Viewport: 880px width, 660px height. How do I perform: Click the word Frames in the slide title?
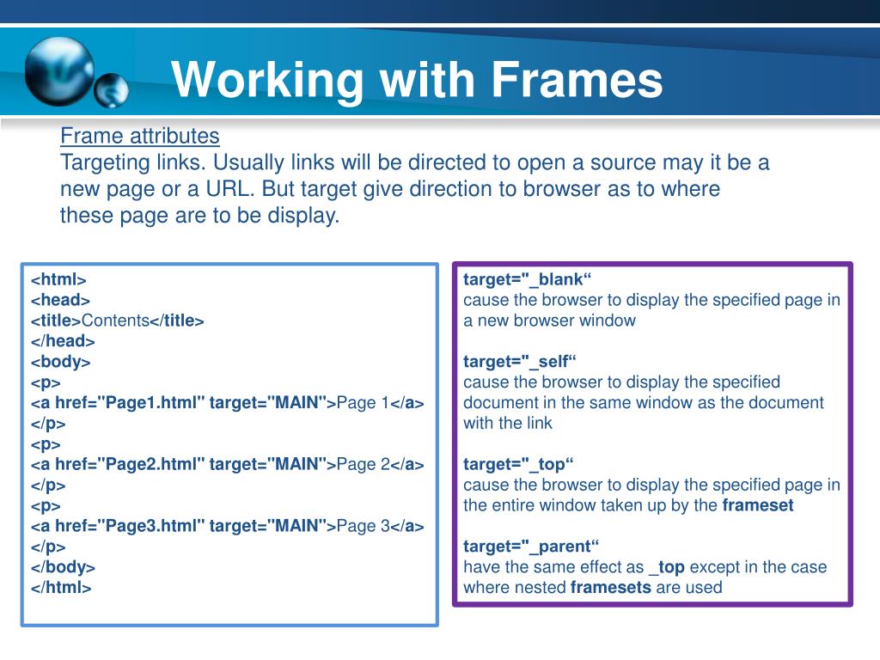pos(577,81)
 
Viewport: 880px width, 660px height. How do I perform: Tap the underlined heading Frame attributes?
pos(139,136)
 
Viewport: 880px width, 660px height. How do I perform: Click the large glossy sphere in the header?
pos(58,71)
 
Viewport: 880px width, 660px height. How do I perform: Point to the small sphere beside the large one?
pos(112,90)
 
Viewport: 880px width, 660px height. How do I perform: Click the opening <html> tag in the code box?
pos(58,279)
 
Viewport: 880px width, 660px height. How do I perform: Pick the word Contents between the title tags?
pos(115,321)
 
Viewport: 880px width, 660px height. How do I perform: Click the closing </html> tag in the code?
pos(61,588)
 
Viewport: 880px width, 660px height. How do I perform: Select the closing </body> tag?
pos(63,567)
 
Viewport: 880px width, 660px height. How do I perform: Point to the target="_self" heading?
pos(520,362)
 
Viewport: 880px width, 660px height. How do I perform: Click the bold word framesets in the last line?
pos(610,588)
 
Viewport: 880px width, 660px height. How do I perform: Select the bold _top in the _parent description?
pos(667,567)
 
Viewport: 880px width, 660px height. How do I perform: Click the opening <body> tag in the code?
pos(60,362)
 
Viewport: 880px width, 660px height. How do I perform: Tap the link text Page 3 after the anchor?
pos(363,526)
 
